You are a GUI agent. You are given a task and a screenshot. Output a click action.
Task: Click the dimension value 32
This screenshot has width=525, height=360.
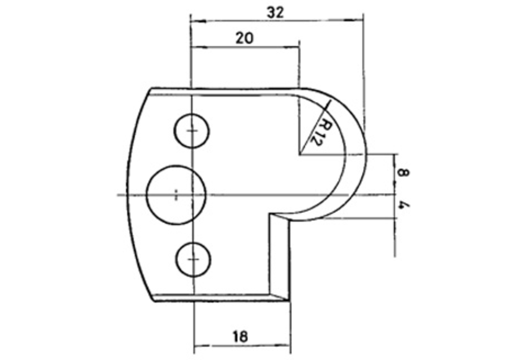[276, 13]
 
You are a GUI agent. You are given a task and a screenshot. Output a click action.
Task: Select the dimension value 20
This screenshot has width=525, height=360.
[245, 38]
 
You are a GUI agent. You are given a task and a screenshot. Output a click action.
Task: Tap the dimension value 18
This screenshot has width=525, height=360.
[240, 336]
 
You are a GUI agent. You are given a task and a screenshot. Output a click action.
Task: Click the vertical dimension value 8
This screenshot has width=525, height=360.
[403, 173]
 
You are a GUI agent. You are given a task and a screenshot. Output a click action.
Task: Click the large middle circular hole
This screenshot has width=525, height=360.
[176, 195]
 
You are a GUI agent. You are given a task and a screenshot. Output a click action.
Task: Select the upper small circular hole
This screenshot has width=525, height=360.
[192, 130]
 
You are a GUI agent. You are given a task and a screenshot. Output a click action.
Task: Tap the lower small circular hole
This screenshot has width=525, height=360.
[193, 259]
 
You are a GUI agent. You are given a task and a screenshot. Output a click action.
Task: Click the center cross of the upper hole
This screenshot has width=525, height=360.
[192, 130]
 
